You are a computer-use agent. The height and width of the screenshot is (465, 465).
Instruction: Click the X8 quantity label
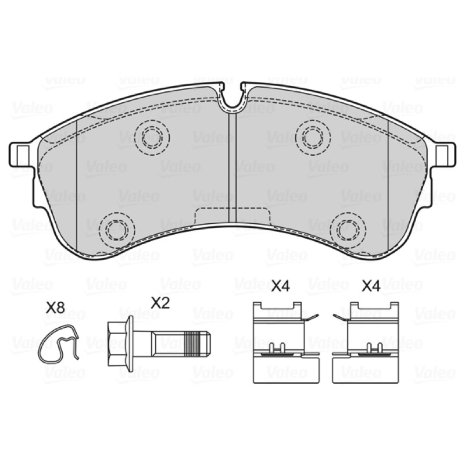click(x=55, y=309)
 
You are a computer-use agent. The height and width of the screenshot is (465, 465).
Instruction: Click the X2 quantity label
click(x=160, y=303)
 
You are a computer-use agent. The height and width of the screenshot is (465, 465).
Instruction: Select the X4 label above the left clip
click(x=281, y=286)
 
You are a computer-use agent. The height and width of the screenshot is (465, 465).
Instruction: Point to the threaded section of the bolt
click(x=194, y=344)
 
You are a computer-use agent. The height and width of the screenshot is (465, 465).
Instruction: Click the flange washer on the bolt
click(x=130, y=344)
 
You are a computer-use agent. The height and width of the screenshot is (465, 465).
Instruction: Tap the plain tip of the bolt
click(x=208, y=344)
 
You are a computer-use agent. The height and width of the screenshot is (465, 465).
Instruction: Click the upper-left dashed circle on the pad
click(x=152, y=137)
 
